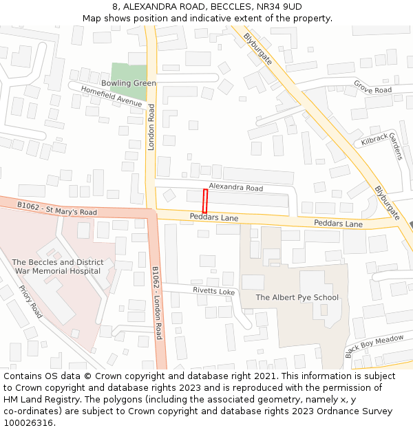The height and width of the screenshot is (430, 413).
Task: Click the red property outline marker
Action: coord(204,202)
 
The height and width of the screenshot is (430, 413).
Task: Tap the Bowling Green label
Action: coord(129,83)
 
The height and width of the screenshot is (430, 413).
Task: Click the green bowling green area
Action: coord(129,72)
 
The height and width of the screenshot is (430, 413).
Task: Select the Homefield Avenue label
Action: coord(111,96)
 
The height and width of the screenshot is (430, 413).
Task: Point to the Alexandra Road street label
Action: coord(235,188)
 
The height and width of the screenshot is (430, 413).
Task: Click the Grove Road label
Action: coord(372,87)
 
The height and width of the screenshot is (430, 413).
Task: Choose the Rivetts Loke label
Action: coord(213,292)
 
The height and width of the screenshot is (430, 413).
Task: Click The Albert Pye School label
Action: coord(297,298)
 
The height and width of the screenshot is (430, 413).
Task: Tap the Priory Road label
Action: coord(30,302)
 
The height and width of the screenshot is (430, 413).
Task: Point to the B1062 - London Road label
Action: coord(157,303)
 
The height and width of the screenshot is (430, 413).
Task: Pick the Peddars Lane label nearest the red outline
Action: coord(214,217)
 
